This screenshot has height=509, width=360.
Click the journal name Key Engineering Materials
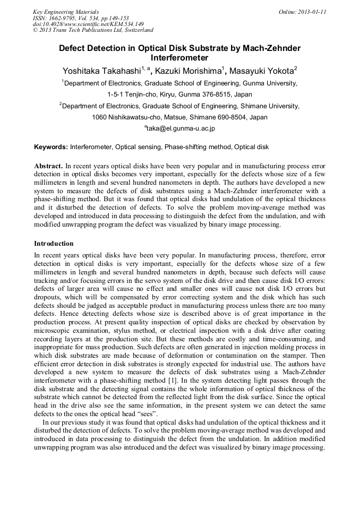[65, 11]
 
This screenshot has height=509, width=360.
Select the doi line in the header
[88, 24]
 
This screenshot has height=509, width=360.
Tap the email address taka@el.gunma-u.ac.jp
[181, 128]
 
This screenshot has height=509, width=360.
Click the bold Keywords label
[51, 146]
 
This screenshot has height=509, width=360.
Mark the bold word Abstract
[48, 166]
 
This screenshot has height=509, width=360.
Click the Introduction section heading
[54, 244]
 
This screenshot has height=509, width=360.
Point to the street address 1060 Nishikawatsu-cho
[127, 117]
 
